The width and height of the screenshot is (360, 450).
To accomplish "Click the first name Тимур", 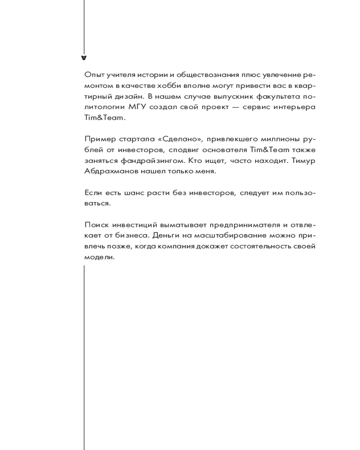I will click(304, 160).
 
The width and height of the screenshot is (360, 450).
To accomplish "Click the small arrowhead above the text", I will click(84, 58).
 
